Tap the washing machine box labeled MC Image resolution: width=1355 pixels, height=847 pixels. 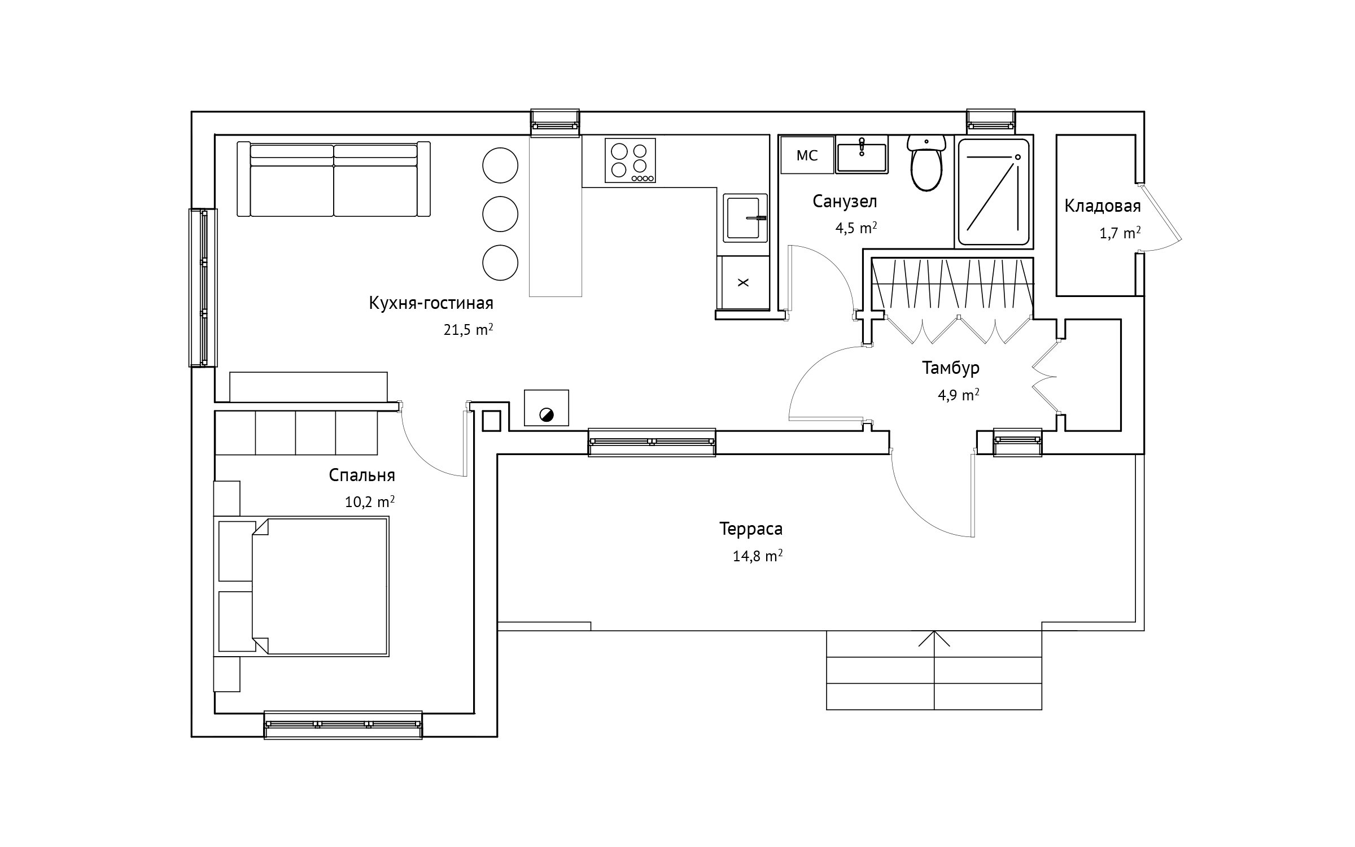coord(807,155)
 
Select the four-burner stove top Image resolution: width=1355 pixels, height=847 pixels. coord(630,160)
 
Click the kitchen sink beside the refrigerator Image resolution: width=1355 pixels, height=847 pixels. coord(746,217)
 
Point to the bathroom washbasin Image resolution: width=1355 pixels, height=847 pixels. coord(862,154)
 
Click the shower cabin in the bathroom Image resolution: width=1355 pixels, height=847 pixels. coord(994,192)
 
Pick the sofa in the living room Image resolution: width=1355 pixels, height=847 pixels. coord(334,179)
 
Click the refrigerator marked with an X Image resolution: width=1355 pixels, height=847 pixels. coord(743,282)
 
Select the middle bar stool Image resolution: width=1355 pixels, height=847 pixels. coord(500,214)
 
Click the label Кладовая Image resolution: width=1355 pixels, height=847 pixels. coord(1103,206)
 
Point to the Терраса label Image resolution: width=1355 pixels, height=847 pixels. coord(751,529)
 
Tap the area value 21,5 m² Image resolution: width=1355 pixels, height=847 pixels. coord(469,330)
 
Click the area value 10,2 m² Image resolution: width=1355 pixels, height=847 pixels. coord(370,501)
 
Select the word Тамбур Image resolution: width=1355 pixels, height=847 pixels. coord(951,368)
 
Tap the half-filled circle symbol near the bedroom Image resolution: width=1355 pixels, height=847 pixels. coord(547,416)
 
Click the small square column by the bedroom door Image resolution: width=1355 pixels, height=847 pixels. coord(491,421)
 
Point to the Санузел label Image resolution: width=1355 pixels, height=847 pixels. coord(845,201)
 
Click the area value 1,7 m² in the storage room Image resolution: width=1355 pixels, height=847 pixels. coord(1120,233)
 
